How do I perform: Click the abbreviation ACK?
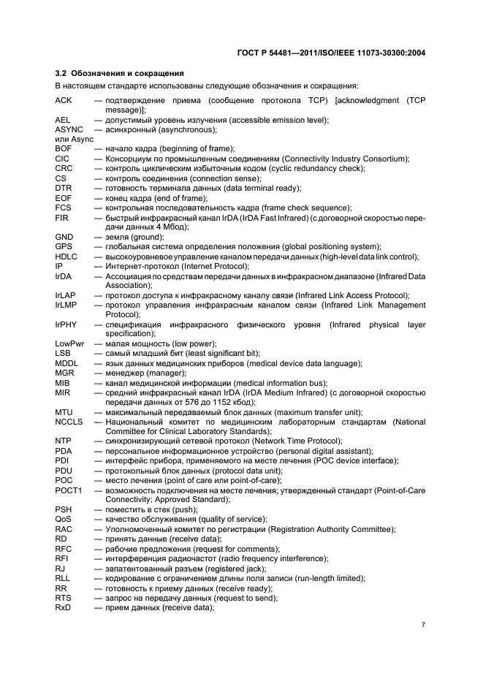64,99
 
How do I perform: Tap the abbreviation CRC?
64,168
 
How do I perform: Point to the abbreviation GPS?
64,246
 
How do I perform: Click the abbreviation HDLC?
66,256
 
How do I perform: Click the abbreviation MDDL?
66,363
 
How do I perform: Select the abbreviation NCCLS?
69,422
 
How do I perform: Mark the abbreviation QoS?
64,519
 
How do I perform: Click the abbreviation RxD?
64,607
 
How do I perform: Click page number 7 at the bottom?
424,625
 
